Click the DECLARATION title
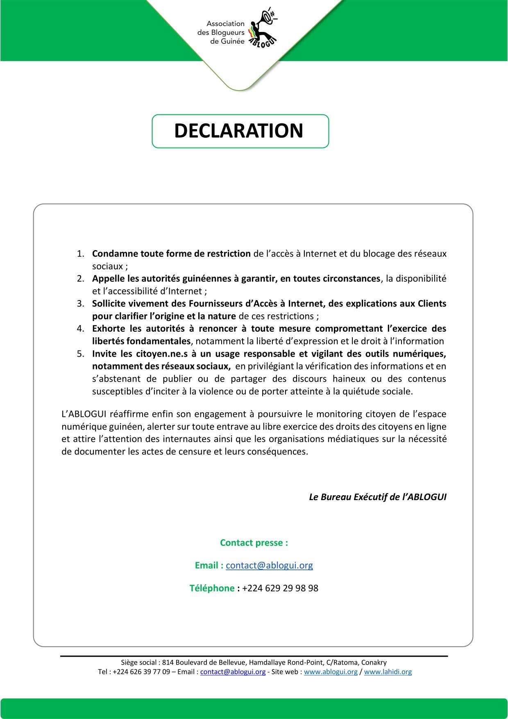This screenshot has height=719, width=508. click(238, 131)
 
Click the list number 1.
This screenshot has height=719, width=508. click(80, 254)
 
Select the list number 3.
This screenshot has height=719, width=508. click(80, 304)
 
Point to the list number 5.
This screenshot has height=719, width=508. click(80, 354)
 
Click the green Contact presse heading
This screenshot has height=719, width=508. click(254, 543)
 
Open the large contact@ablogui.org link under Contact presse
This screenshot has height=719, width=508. click(269, 565)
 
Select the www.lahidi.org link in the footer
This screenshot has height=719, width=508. click(388, 672)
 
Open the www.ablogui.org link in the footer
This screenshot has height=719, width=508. click(331, 672)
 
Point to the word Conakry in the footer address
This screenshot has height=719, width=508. click(374, 662)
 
